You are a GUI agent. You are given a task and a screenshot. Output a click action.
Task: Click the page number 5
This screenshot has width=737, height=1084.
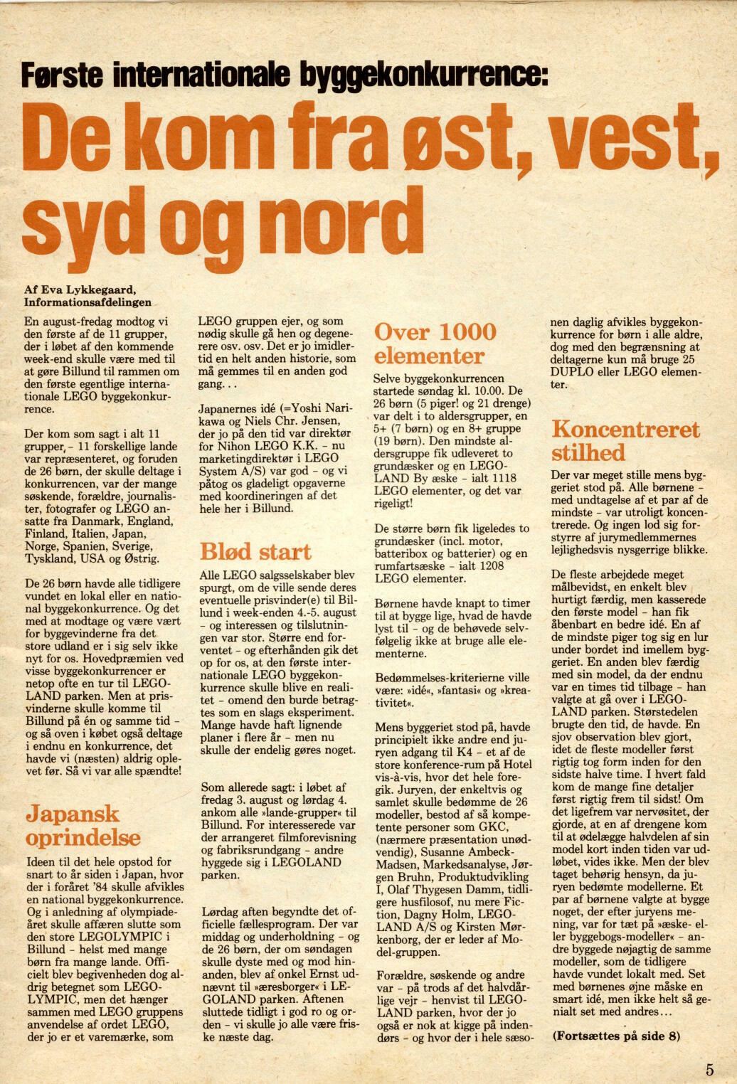709,1069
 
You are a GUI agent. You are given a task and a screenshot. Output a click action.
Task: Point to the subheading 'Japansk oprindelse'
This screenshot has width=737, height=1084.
83,825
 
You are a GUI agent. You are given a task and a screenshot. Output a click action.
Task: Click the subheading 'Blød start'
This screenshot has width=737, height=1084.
255,552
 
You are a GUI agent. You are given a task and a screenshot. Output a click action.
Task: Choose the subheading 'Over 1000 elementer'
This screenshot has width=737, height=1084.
435,344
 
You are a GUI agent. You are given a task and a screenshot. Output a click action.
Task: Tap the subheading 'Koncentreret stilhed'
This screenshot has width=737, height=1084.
625,441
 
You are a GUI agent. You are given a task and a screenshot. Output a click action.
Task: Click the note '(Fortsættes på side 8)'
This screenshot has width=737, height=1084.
616,1036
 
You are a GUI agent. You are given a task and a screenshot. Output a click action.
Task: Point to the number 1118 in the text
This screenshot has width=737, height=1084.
502,478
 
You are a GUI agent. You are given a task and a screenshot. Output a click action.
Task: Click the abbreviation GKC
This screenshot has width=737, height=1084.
493,827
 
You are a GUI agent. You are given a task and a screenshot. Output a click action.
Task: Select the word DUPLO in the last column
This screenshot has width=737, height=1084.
571,372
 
